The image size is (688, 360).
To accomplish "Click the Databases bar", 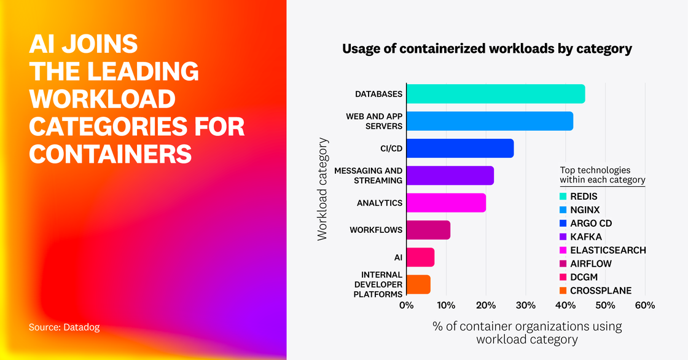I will coord(495,94).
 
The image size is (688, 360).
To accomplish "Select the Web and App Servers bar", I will coord(489,121).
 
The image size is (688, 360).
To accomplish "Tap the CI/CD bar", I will coord(459,148).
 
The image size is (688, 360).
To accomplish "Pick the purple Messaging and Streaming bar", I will coord(450,176).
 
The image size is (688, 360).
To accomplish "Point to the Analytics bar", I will coord(445,203).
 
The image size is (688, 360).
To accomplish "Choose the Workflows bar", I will coord(428,230).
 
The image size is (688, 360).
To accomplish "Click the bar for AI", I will coord(420,257).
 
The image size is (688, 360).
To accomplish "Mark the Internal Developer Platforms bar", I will coord(418,284).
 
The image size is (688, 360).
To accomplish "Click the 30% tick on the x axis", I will coord(525,305).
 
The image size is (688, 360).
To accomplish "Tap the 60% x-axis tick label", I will coord(644,305).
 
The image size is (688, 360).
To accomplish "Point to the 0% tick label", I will coord(406,305).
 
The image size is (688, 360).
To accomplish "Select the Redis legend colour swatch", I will coord(563,197).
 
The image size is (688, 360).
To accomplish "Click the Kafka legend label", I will coord(586,237).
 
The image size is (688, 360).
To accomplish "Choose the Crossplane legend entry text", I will coord(600,291).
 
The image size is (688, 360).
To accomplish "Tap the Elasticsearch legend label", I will coord(608,250).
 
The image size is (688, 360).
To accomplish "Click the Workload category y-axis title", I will coord(322,189).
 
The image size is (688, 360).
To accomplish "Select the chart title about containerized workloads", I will coord(487,49).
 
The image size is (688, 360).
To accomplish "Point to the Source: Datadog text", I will coord(64,327).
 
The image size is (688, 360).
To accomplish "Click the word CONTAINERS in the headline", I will coord(111,152).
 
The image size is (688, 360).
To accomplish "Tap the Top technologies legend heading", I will coord(602,175).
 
